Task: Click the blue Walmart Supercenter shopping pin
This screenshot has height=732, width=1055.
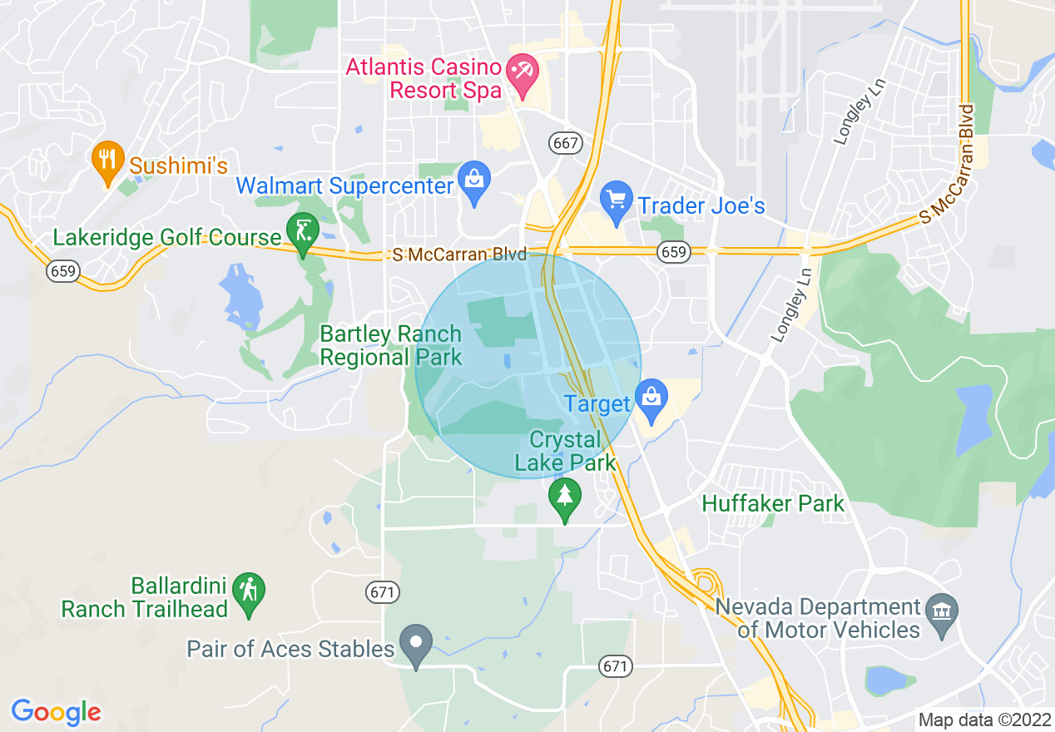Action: pos(474,181)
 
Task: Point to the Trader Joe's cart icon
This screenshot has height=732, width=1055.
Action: pos(617,201)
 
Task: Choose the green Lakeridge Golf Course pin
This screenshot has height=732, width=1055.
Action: pos(302,232)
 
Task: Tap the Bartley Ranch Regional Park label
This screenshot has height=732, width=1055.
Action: pos(390,346)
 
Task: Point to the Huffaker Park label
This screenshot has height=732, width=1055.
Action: pos(773,503)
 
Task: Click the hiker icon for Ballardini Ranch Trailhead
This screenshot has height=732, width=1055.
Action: pos(249,592)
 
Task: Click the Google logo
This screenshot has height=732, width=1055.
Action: pos(56,712)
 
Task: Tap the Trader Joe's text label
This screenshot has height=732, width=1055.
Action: pos(701,205)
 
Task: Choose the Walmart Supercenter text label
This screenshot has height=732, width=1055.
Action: pos(345,185)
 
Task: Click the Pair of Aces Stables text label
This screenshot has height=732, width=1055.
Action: pos(290,649)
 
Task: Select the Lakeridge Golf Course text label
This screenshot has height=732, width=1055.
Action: pos(167,238)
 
